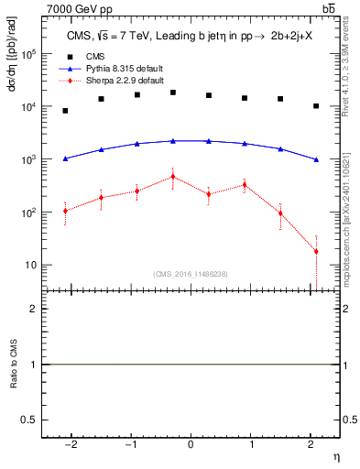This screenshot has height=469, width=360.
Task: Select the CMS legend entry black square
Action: click(x=66, y=56)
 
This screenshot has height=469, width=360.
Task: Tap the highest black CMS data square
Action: click(x=173, y=93)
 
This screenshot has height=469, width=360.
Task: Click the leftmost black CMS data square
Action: click(x=65, y=111)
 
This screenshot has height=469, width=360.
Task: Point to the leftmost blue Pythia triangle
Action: click(x=65, y=158)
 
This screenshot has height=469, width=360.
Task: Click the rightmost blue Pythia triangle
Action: click(x=316, y=159)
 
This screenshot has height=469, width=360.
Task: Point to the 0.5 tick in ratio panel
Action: click(x=28, y=420)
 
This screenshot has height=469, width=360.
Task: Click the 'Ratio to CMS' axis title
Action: click(x=13, y=364)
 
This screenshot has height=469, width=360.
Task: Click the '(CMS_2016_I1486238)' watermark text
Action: click(x=190, y=274)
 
